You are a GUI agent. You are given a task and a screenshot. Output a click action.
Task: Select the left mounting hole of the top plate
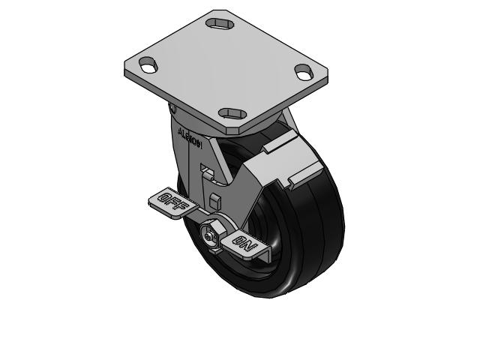pos(148,66)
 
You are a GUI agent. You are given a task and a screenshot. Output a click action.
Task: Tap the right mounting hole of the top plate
pos(304,73)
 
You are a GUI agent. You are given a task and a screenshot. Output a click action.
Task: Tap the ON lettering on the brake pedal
pos(245,243)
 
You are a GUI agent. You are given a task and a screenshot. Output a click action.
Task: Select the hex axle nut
pos(211,234)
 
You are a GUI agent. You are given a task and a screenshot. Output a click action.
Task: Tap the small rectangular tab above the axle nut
pos(215,202)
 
